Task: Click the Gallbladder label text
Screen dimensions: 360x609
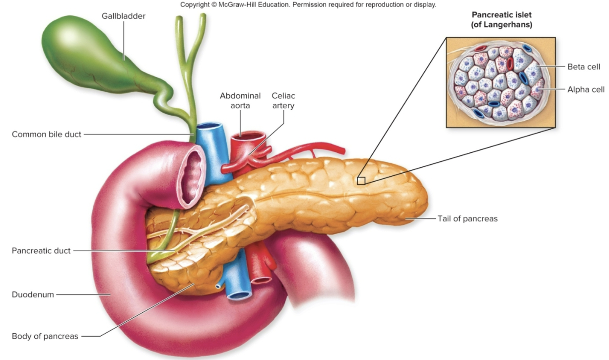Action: coord(124,16)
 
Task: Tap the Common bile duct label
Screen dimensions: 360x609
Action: coord(47,134)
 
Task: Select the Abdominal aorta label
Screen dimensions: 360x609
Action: coord(240,101)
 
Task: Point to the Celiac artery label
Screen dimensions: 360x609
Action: coord(283,101)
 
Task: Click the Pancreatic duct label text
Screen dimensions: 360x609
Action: coord(41,251)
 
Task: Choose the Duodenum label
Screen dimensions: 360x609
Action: coord(33,294)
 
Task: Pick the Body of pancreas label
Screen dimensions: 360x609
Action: coord(45,336)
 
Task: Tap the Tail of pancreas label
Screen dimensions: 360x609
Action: coord(467,218)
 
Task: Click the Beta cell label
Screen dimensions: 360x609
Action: coord(584,67)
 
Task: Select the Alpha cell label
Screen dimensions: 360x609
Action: coord(586,90)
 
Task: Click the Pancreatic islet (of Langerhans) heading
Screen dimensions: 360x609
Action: coord(501,20)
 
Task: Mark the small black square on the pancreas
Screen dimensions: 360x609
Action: coord(361,181)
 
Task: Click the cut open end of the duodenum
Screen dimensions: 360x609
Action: coord(193,176)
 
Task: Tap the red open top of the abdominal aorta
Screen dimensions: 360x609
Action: coord(251,135)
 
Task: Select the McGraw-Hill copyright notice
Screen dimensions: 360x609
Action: coord(308,4)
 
